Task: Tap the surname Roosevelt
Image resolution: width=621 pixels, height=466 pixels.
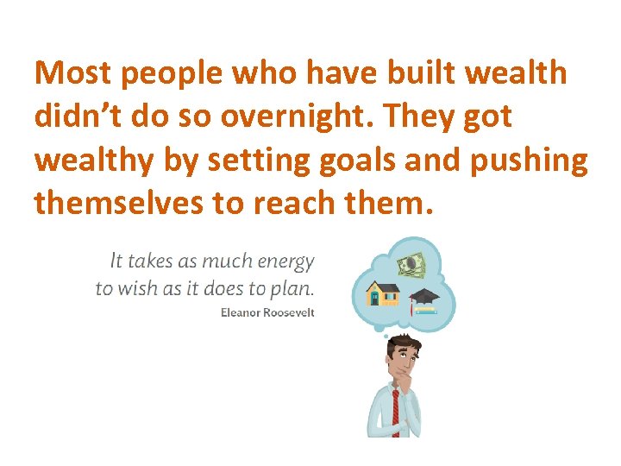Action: pyautogui.click(x=289, y=312)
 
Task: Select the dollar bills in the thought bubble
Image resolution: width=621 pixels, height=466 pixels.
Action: pyautogui.click(x=412, y=264)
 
